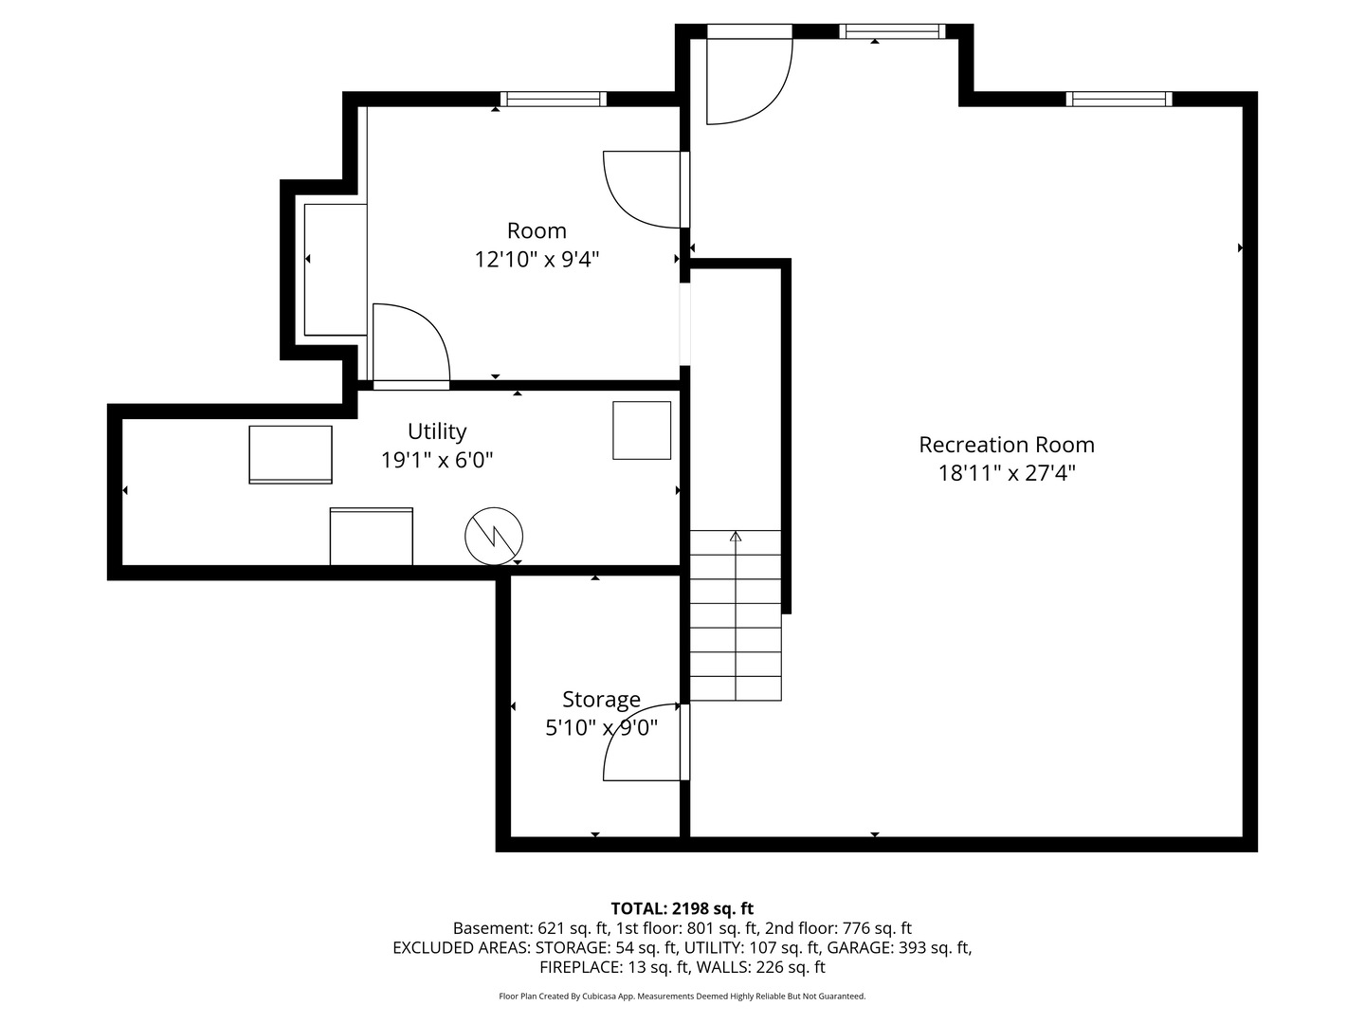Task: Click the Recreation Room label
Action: pos(1006,445)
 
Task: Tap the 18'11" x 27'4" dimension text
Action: pos(1006,473)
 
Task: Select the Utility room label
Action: pos(437,430)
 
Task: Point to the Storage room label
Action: pos(601,700)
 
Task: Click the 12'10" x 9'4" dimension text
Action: pos(537,259)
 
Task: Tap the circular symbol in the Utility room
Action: pos(494,536)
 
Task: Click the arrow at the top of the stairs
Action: pos(736,536)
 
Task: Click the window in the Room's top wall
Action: pos(553,99)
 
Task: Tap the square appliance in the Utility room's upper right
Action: pos(642,430)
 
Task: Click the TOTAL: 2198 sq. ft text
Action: pos(682,909)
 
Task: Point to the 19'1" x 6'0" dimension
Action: pos(437,460)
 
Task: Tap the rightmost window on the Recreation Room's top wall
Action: pos(1119,99)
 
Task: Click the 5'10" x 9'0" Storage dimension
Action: pos(601,727)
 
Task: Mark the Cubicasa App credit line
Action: pos(682,996)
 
